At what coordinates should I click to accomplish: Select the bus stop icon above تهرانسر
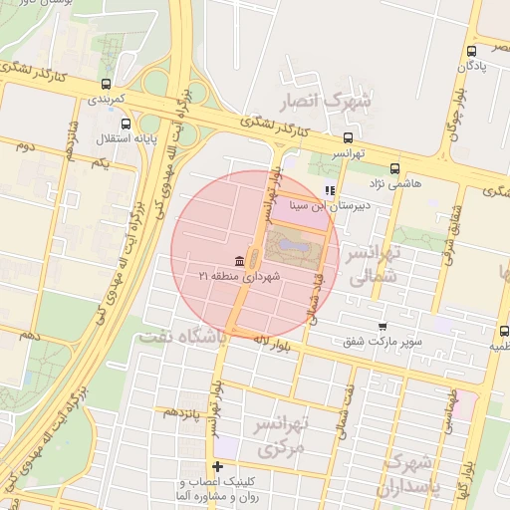coord(348,138)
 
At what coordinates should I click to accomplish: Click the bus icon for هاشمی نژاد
coord(395,168)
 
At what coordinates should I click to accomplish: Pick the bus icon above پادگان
coord(471,51)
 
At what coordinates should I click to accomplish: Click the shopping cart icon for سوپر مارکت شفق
coord(382,327)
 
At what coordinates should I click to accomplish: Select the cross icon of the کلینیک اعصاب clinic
coord(217,466)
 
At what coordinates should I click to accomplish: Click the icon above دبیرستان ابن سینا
coord(330,190)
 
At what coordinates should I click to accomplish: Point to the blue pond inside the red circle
coord(293,242)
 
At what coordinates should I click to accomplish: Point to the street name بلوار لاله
coord(264,344)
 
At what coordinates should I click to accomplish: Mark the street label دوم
coord(24,145)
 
